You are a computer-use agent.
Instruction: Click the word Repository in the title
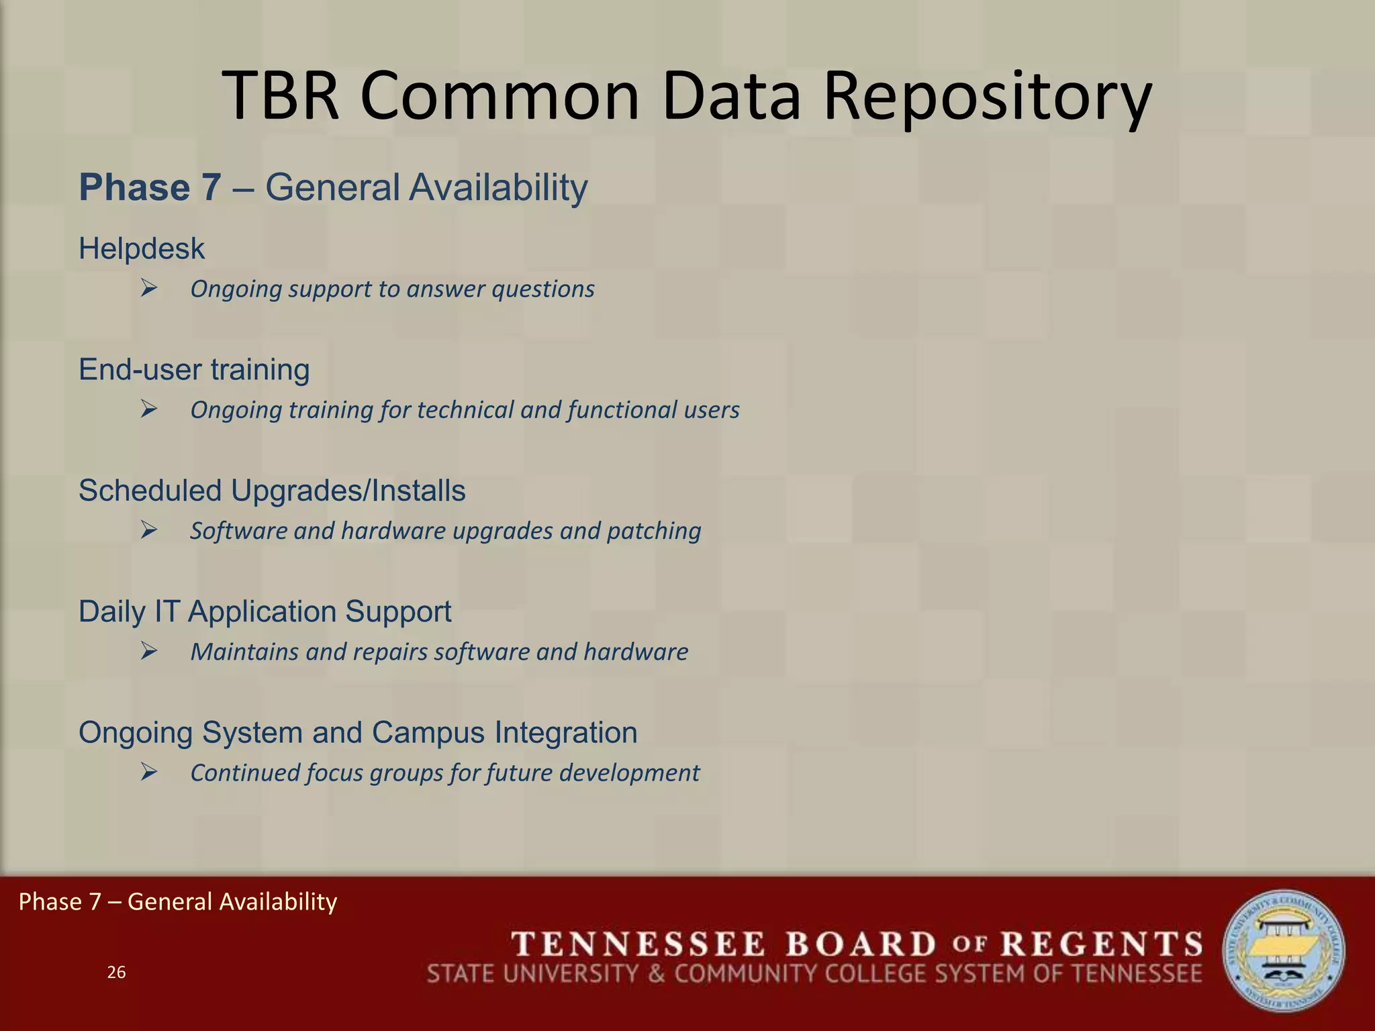[987, 97]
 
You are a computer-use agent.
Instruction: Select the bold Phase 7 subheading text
[150, 187]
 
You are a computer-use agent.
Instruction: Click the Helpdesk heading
[142, 249]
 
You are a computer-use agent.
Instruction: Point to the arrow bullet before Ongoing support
[149, 289]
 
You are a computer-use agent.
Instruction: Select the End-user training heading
[194, 370]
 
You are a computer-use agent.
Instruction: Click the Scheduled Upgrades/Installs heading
[272, 491]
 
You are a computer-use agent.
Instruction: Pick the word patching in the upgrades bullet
[654, 531]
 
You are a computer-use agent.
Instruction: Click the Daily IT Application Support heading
[265, 611]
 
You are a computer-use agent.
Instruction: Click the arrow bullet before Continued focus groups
[149, 773]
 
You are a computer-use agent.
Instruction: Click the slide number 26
[116, 973]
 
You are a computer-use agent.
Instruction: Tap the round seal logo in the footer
[1283, 951]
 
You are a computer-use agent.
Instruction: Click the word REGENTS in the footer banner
[1101, 944]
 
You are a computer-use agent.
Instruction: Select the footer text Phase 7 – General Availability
[178, 901]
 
